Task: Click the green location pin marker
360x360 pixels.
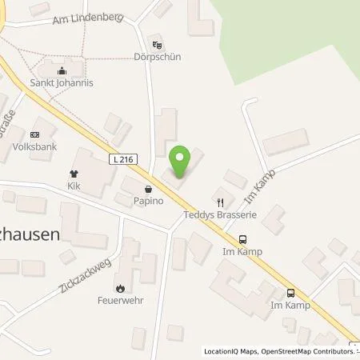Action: [x=181, y=161]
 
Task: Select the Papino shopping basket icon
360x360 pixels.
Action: [x=148, y=190]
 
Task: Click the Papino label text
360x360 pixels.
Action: [x=148, y=201]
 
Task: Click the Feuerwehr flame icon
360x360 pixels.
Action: [x=120, y=289]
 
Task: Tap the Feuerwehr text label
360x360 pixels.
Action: [x=120, y=301]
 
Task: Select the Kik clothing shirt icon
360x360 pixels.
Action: [x=74, y=173]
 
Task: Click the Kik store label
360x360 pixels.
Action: [x=74, y=185]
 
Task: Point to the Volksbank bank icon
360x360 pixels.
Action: [x=34, y=134]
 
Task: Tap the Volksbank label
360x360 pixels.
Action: [x=34, y=146]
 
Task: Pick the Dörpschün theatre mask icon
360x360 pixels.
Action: [x=158, y=46]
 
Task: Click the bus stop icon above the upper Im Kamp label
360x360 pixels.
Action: [x=243, y=238]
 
